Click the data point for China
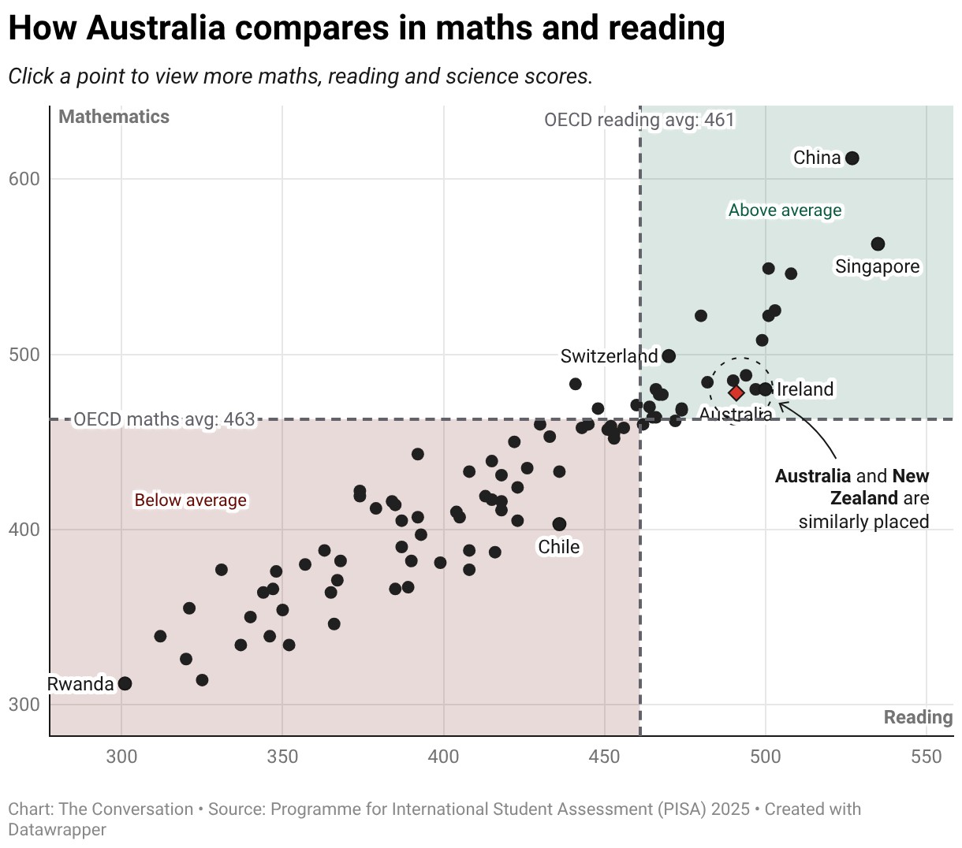[852, 158]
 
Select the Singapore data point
[878, 244]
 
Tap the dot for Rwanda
[125, 684]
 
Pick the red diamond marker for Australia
[736, 393]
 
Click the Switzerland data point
[669, 356]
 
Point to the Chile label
[559, 547]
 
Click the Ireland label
[805, 389]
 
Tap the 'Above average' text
[785, 210]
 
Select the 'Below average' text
[190, 500]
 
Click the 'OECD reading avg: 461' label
[639, 120]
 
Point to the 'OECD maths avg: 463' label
[164, 419]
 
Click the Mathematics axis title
[114, 117]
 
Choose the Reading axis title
[919, 717]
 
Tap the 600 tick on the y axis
[24, 180]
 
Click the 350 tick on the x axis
[282, 757]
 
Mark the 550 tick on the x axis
[927, 757]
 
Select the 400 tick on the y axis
[24, 530]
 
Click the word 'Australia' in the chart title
[156, 28]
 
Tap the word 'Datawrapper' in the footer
[58, 830]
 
